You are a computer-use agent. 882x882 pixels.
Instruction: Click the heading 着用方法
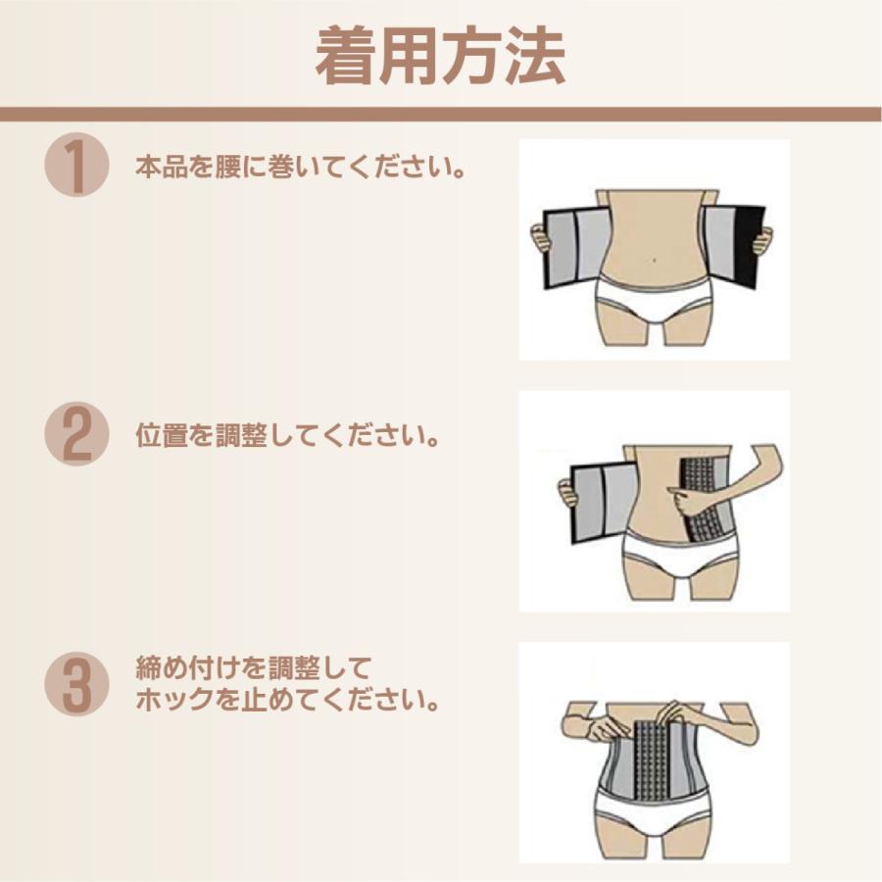click(x=440, y=57)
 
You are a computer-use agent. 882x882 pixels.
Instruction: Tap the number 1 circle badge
click(x=75, y=166)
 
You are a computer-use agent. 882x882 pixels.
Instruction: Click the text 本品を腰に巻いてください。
click(x=300, y=167)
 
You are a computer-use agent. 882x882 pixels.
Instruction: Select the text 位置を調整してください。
click(x=286, y=436)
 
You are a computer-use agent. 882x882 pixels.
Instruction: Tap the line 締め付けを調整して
click(x=254, y=671)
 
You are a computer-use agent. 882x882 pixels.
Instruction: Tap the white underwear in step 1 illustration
click(x=653, y=299)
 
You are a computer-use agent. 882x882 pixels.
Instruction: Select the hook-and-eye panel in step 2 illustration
click(x=702, y=496)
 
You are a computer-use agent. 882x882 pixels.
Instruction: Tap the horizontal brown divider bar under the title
click(x=440, y=115)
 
